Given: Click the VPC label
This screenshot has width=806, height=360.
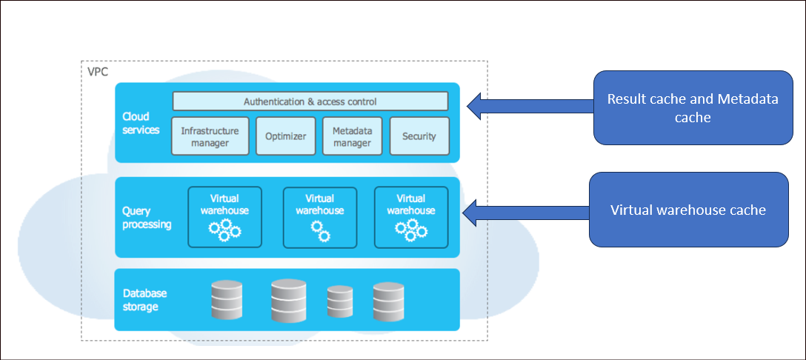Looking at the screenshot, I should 96,72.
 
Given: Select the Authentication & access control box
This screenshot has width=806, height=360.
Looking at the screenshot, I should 310,101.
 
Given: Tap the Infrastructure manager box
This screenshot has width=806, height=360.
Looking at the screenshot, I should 210,136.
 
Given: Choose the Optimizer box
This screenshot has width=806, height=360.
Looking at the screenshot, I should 286,136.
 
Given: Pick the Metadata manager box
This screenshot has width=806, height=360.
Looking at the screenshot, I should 352,136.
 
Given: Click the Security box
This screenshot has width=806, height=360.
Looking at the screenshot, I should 419,136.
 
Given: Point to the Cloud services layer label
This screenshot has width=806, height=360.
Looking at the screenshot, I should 141,123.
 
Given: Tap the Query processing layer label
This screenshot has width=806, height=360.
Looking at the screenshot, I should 147,218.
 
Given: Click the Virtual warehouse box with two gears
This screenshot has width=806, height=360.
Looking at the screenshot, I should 320,217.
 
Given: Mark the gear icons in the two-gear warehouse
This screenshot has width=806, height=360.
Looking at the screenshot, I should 320,230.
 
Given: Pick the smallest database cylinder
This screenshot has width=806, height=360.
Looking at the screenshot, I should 340,302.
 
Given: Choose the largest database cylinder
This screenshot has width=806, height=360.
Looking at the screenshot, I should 288,300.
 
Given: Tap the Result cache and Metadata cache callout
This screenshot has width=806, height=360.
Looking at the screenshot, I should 693,107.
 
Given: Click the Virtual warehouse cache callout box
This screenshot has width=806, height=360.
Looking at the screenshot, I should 688,210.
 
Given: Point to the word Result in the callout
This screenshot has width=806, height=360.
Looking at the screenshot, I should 626,99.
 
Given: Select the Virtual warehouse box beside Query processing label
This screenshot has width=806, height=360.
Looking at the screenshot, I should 224,217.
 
